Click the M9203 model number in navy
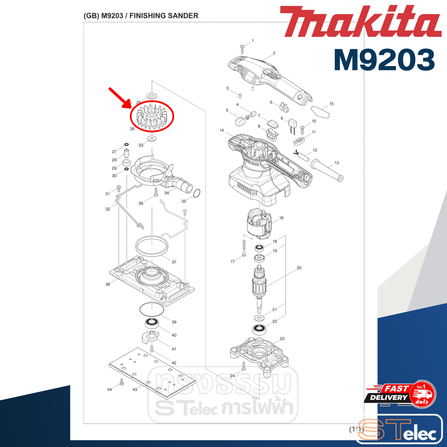point(384,60)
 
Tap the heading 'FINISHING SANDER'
point(164,16)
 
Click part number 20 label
point(299,268)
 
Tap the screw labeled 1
point(242,49)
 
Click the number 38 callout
point(108,284)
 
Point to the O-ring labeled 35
point(197,193)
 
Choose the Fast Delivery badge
point(400,395)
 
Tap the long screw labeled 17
point(244,248)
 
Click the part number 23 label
point(282,339)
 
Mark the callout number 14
point(222,130)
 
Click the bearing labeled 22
point(259,329)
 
